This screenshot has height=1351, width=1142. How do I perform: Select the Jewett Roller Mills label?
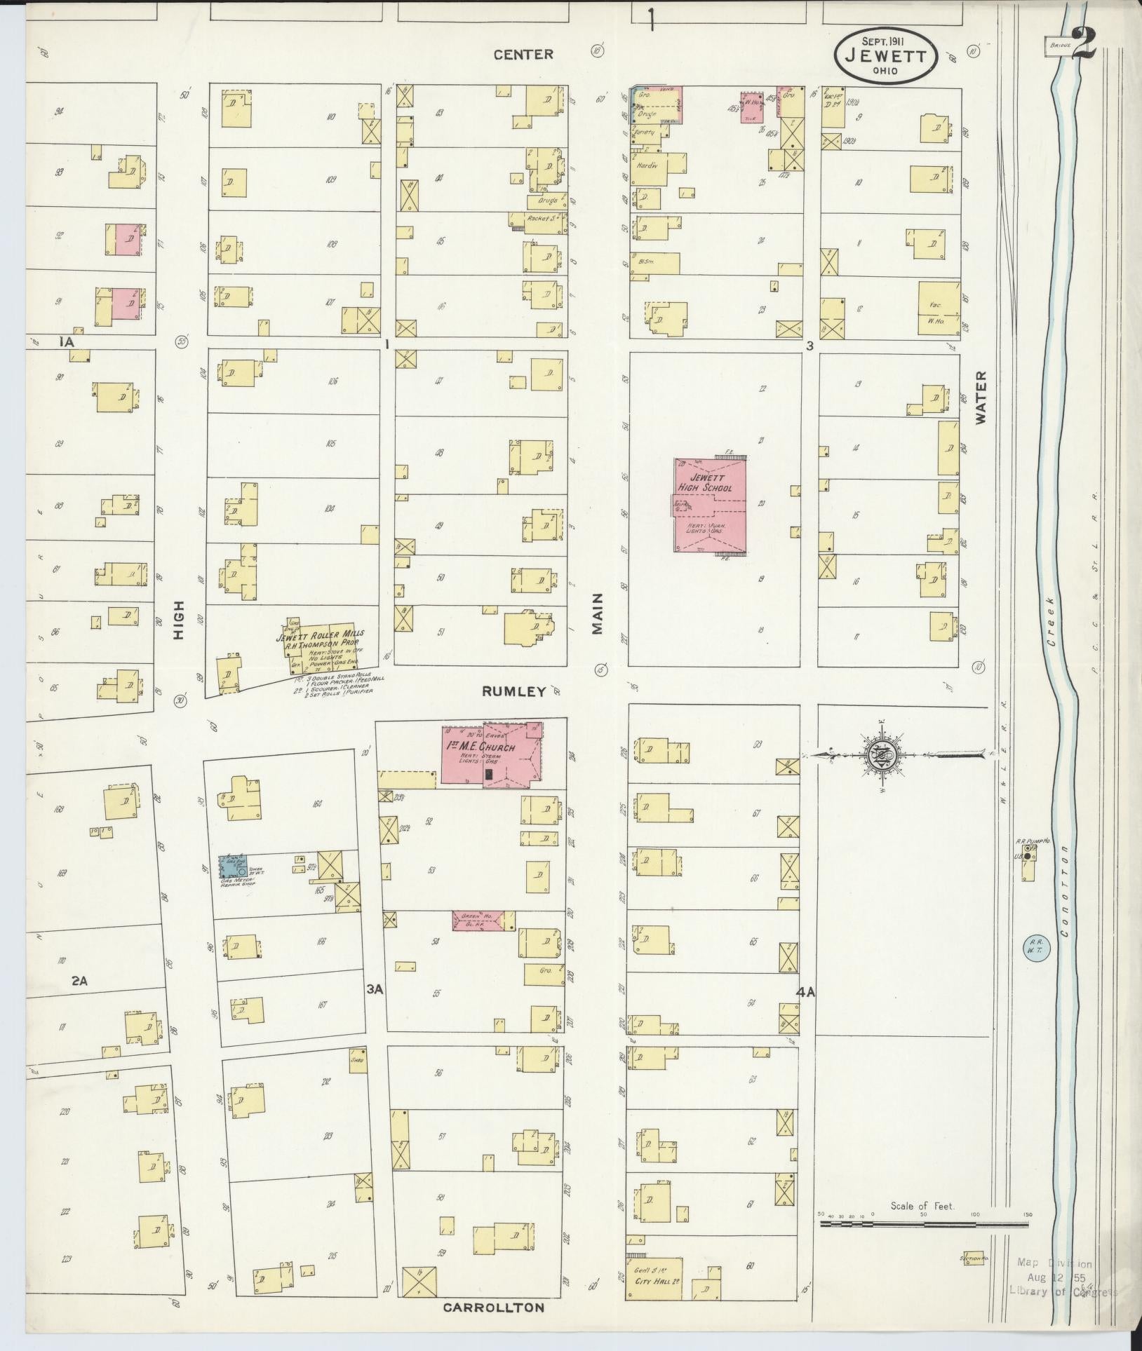[x=319, y=637]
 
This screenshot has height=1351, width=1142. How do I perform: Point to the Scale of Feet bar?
[x=925, y=1223]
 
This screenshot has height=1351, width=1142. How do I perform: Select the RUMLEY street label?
[x=513, y=691]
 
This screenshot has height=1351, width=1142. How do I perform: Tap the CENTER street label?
[x=523, y=54]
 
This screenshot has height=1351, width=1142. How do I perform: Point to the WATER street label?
[x=980, y=398]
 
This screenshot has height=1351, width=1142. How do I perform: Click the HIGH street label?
[x=180, y=619]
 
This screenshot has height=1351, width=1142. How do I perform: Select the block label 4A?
[x=805, y=992]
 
